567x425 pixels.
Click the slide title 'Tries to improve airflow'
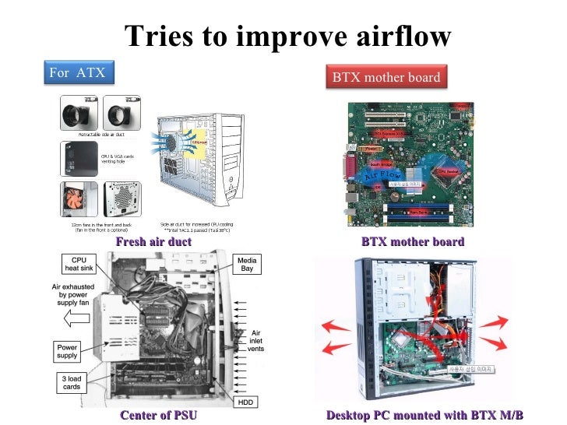point(287,35)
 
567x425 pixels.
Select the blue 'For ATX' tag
point(76,72)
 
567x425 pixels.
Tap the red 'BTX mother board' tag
point(386,77)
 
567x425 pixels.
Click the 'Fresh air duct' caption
point(153,242)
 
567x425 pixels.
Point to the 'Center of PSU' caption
point(158,415)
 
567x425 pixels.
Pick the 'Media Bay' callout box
point(247,265)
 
